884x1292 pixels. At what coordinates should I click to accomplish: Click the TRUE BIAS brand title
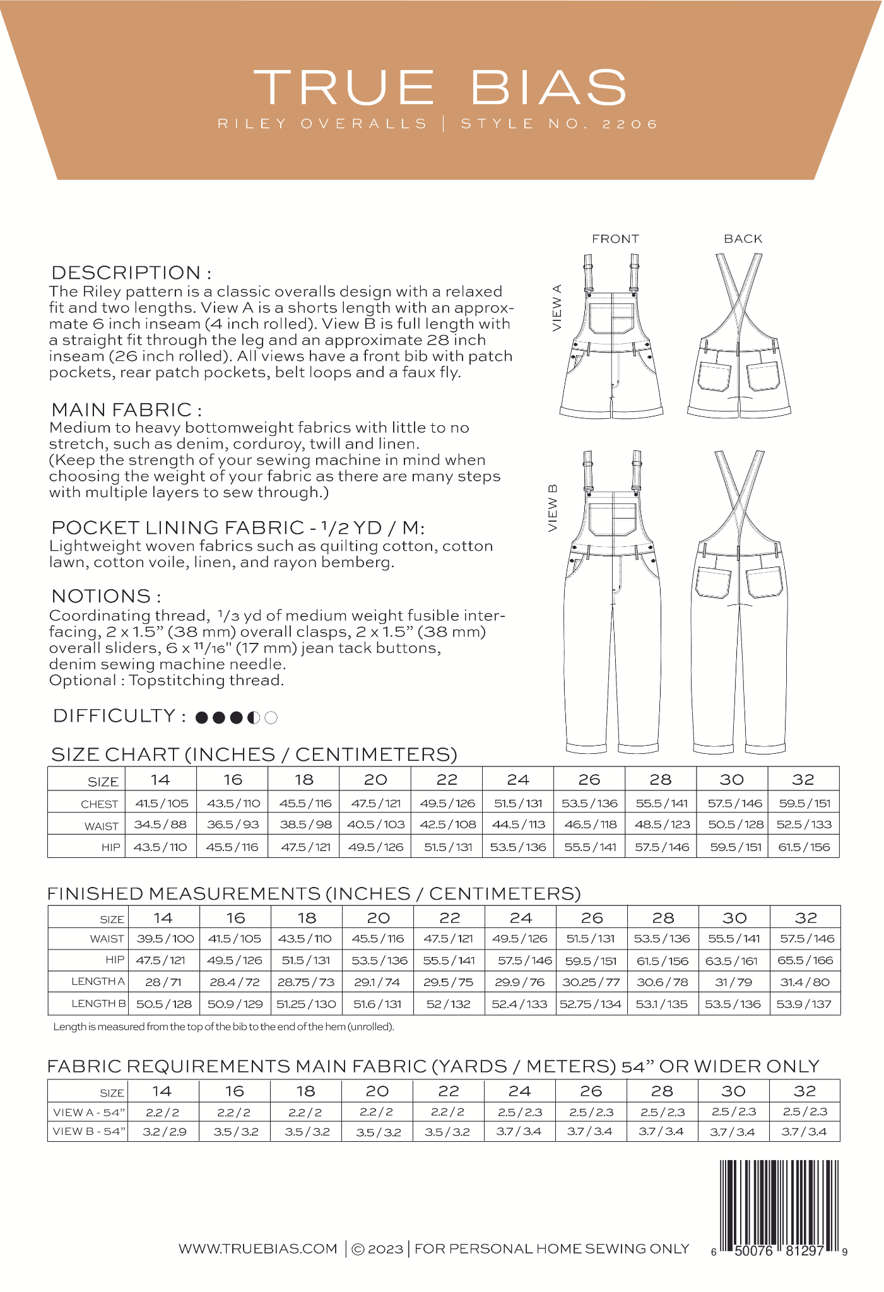[440, 87]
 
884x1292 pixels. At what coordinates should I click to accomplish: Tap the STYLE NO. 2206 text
[559, 124]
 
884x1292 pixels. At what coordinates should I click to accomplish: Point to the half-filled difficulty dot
[254, 717]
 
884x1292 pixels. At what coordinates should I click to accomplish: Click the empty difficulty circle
[271, 717]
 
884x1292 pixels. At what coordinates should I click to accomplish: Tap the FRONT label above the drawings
[615, 239]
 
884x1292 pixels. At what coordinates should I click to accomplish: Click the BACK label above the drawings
[743, 239]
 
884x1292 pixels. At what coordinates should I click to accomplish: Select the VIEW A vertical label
[557, 308]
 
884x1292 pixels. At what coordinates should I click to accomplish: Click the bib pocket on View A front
[611, 317]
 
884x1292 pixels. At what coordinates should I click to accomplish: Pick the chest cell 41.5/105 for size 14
[161, 803]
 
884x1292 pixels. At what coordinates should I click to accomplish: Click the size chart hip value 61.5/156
[804, 847]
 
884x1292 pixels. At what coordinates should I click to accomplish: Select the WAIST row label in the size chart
[102, 826]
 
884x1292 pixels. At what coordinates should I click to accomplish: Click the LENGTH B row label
[98, 1003]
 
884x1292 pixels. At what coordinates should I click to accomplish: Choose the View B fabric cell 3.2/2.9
[164, 1131]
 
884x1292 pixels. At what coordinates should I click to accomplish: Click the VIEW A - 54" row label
[89, 1112]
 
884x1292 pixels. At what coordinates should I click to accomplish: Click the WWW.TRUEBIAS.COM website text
[257, 1248]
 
